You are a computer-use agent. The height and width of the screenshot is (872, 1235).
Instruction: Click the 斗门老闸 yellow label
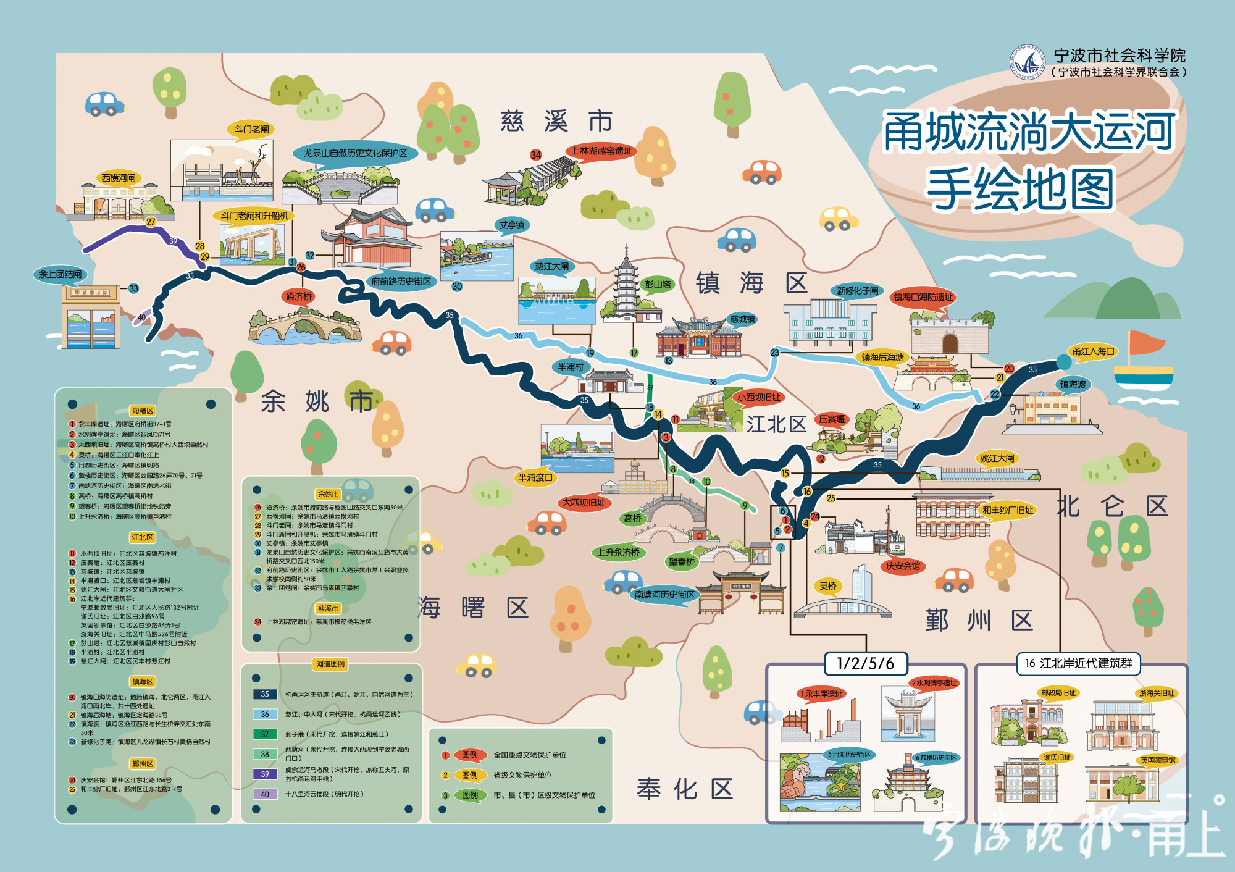click(251, 129)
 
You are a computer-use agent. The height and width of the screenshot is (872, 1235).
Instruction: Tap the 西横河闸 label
click(119, 178)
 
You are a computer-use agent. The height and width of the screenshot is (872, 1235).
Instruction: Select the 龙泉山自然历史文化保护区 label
click(355, 153)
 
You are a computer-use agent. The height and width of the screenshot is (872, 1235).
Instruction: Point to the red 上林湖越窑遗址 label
click(601, 151)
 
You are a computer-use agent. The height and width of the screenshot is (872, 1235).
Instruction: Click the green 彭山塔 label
click(658, 284)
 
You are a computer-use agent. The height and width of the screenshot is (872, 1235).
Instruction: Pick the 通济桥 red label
click(299, 296)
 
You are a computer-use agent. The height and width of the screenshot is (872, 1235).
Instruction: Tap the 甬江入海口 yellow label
click(1093, 351)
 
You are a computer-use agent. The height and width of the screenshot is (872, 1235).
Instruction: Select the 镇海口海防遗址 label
click(923, 297)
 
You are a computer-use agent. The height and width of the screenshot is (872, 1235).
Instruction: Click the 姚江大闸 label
click(997, 458)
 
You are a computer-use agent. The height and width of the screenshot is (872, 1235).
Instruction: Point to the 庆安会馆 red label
click(903, 566)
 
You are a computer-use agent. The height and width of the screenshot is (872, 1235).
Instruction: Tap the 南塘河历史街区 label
click(664, 595)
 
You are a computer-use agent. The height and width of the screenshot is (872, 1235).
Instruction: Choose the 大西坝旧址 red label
click(584, 503)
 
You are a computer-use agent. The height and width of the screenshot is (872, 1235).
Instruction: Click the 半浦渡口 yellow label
click(535, 477)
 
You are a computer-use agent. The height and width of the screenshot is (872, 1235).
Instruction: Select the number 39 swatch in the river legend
click(265, 774)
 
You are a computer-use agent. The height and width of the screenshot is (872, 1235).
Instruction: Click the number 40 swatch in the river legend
click(265, 794)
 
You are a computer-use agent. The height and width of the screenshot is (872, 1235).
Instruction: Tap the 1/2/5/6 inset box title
click(865, 664)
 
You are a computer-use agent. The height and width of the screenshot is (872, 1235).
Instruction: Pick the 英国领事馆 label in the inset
click(1158, 760)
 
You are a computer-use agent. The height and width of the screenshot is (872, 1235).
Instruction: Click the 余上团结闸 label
click(60, 274)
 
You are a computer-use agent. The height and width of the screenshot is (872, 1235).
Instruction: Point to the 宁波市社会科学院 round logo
click(1027, 62)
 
